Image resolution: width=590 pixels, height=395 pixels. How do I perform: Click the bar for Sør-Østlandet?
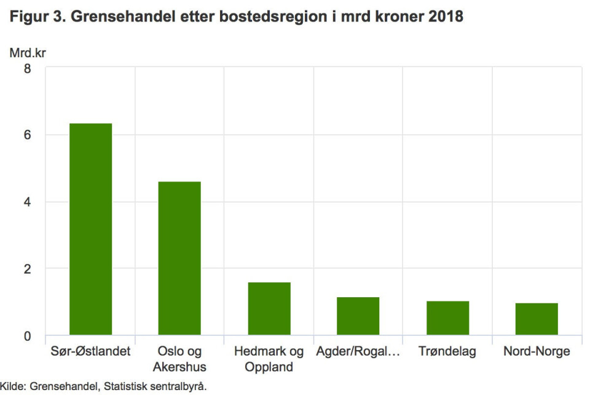click(91, 229)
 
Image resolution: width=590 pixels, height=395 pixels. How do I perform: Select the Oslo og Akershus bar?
click(179, 258)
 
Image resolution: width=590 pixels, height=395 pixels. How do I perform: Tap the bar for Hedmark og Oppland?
click(269, 309)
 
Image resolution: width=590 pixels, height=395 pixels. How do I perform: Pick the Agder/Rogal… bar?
click(358, 316)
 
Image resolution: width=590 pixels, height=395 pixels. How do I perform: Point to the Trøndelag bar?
click(448, 318)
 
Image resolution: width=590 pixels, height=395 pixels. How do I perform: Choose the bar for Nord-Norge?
click(537, 319)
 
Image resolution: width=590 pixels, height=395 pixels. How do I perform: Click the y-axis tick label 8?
click(27, 68)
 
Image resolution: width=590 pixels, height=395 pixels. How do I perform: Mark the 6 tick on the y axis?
click(27, 135)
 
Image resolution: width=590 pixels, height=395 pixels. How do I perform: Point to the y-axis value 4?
click(27, 202)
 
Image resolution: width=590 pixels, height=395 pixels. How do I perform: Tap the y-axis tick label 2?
click(27, 269)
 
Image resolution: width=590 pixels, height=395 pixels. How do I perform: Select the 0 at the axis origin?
click(27, 336)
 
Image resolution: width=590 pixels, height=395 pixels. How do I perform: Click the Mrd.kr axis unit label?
click(28, 52)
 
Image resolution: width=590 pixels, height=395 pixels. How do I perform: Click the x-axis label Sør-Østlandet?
click(91, 352)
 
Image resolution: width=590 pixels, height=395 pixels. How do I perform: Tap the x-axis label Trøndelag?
click(447, 352)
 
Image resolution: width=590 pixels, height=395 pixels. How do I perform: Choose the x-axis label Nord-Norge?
click(537, 352)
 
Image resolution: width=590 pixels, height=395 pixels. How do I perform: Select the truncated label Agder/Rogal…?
click(358, 352)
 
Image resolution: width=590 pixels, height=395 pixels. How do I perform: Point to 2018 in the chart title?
click(446, 17)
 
